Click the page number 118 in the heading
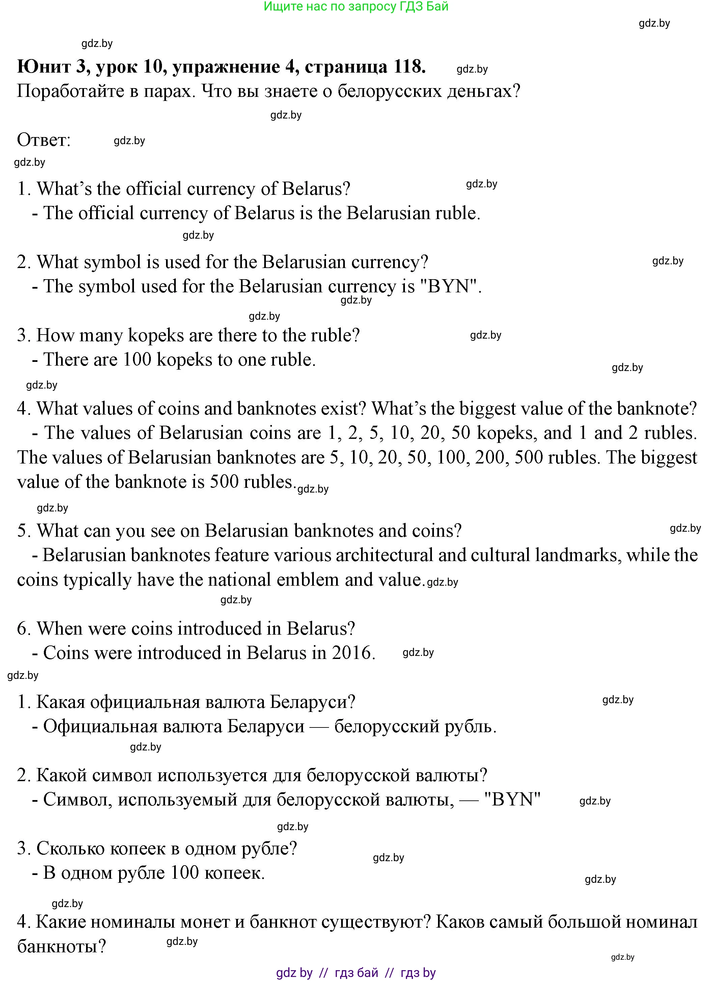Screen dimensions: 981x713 tap(409, 67)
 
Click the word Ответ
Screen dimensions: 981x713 tap(43, 140)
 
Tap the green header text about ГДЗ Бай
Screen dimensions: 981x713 tap(356, 6)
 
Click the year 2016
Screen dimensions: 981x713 tap(352, 653)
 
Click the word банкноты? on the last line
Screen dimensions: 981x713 tap(61, 946)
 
